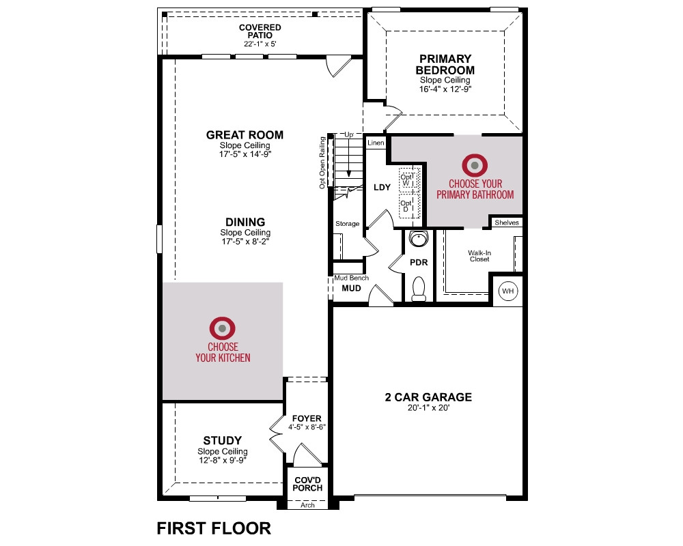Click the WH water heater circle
coord(507,291)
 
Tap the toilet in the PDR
coord(419,289)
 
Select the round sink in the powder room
coord(419,239)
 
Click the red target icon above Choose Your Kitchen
coord(222,328)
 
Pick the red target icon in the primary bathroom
coord(475,165)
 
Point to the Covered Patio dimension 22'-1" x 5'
coord(260,44)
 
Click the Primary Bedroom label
coord(445,64)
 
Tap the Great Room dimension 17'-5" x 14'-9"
coord(245,154)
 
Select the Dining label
coord(245,222)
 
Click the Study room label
coord(222,440)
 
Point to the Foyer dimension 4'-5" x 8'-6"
coord(307,427)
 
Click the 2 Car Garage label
coord(428,397)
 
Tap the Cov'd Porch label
coord(307,484)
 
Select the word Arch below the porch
coord(307,505)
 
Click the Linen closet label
coord(376,143)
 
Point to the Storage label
coord(347,223)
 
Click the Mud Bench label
coord(352,278)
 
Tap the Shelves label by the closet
coord(507,222)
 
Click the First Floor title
coord(214,528)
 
